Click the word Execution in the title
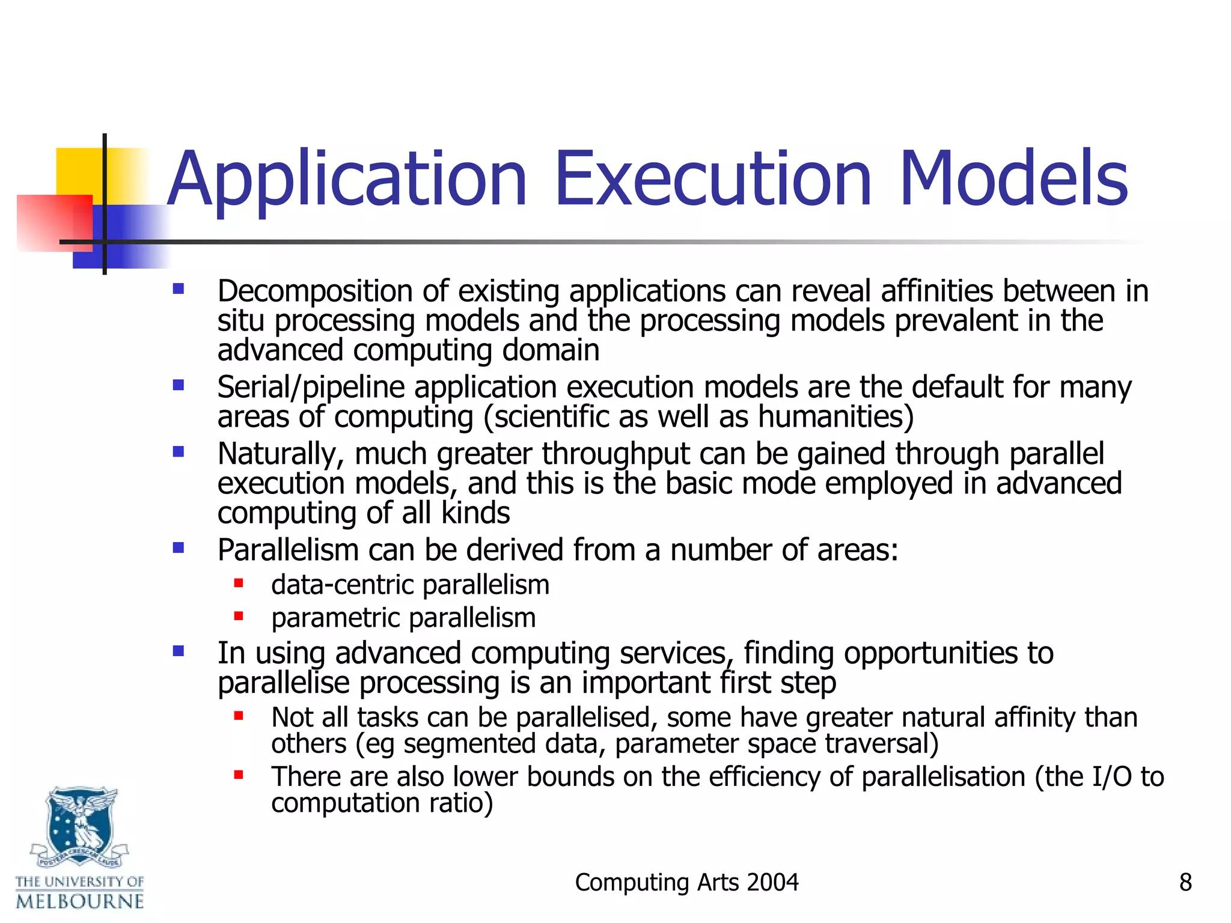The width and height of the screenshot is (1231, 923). pos(713,179)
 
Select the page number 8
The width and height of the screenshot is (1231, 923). pos(1185,882)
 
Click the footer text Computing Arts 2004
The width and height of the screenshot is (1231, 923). pos(686,882)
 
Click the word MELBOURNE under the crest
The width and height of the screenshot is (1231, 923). pos(80,901)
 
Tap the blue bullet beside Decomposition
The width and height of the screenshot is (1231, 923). pos(179,289)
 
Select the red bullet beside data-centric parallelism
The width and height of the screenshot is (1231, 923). pos(239,582)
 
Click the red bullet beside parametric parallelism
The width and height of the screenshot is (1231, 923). pos(239,615)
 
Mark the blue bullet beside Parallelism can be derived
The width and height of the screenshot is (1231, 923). pos(179,547)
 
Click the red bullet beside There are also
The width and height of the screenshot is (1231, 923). pos(239,775)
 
